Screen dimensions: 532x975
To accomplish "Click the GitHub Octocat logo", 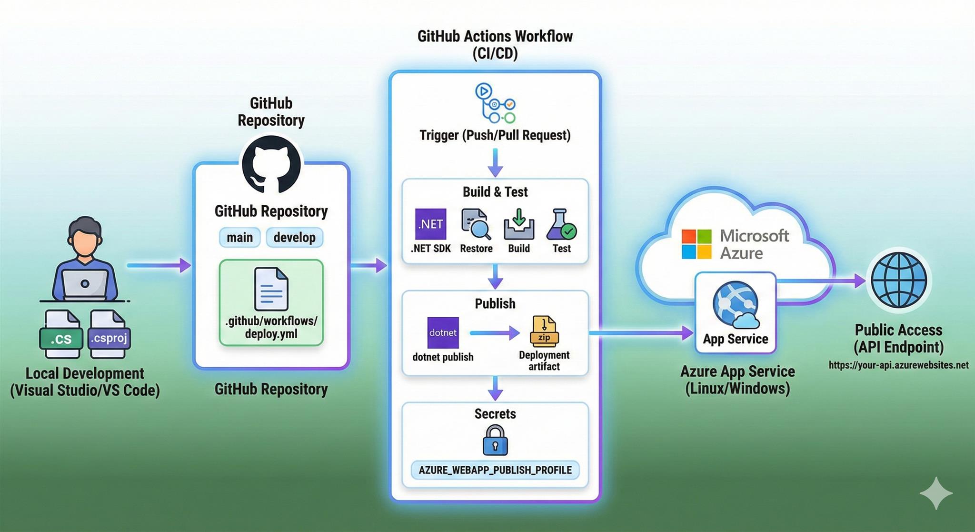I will [x=271, y=165].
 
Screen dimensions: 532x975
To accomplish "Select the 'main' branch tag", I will [x=239, y=237].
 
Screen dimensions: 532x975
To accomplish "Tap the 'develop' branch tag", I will [x=294, y=237].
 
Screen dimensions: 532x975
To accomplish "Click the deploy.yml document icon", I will [x=271, y=289].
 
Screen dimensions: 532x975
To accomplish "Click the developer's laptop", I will [x=85, y=284].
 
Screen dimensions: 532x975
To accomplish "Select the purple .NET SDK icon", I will [x=430, y=224].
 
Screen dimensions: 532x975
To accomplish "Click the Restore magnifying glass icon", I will [x=476, y=223].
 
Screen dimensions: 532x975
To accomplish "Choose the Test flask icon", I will [x=561, y=224].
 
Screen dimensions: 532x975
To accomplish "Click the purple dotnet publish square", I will [x=443, y=332].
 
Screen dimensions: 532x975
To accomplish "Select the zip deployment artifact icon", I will [x=544, y=331].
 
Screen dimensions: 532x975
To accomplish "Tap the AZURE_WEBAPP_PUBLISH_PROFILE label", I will [x=495, y=470].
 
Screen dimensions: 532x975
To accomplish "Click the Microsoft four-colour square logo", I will [x=696, y=244].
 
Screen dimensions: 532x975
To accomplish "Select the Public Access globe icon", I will [x=899, y=280].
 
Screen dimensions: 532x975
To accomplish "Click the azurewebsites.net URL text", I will [x=898, y=365].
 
